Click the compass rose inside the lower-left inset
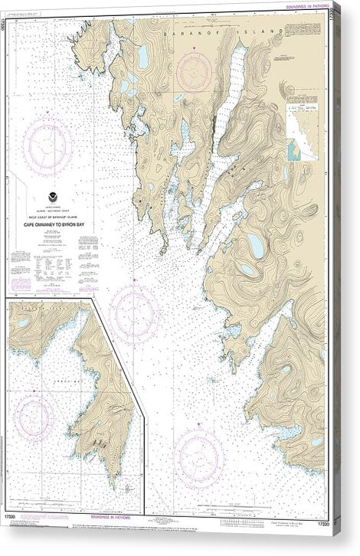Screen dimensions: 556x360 34,416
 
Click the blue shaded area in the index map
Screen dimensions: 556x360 294,150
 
